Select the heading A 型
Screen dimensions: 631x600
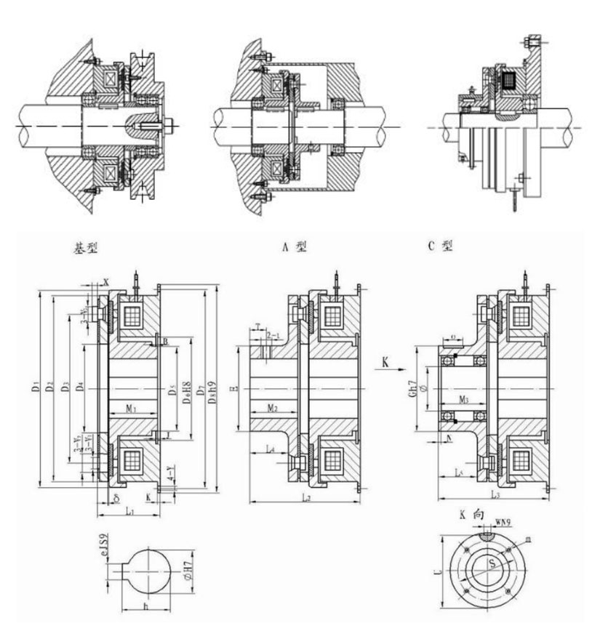(x=294, y=246)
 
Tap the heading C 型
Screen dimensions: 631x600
(x=440, y=246)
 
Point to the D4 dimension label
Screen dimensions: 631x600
(x=81, y=390)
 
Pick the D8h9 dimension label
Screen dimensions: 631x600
(x=212, y=390)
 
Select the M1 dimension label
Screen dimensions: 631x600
(x=131, y=409)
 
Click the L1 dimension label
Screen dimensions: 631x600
(x=129, y=512)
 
